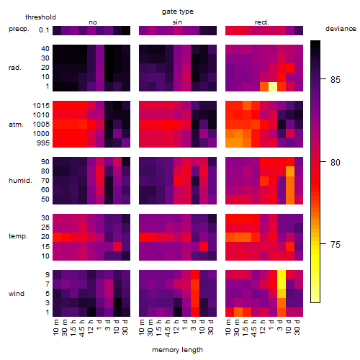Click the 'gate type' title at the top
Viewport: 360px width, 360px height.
pyautogui.click(x=178, y=12)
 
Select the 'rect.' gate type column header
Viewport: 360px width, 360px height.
pyautogui.click(x=261, y=22)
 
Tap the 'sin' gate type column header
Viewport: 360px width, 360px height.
pyautogui.click(x=177, y=22)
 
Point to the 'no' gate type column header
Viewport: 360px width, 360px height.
pyautogui.click(x=93, y=22)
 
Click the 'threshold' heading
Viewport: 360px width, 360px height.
pyautogui.click(x=40, y=17)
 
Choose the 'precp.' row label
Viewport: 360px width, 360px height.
pyautogui.click(x=19, y=29)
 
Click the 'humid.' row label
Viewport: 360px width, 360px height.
pyautogui.click(x=20, y=181)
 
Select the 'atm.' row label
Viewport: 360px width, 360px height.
pyautogui.click(x=16, y=125)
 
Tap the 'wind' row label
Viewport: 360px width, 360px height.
pyautogui.click(x=17, y=294)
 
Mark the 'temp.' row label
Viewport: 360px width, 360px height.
pyautogui.click(x=18, y=236)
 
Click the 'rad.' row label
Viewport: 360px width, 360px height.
pyautogui.click(x=15, y=68)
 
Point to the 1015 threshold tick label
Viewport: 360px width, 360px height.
pyautogui.click(x=41, y=106)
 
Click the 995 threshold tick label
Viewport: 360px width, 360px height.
pyautogui.click(x=43, y=143)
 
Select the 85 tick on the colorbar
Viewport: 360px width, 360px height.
pyautogui.click(x=336, y=80)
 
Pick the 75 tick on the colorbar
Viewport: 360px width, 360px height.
pyautogui.click(x=336, y=245)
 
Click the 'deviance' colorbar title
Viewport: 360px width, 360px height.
pyautogui.click(x=341, y=29)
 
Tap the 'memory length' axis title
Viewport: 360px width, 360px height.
pyautogui.click(x=177, y=350)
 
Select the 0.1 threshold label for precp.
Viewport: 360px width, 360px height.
pyautogui.click(x=44, y=30)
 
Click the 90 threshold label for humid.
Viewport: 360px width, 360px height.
pyautogui.click(x=45, y=162)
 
